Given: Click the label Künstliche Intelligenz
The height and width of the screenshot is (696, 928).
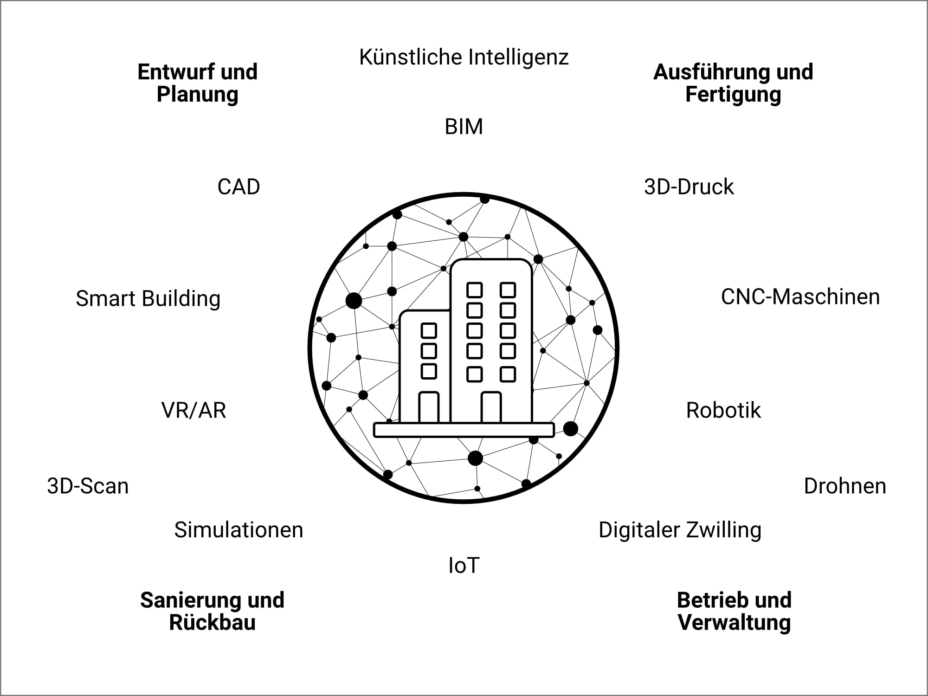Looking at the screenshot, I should click(464, 58).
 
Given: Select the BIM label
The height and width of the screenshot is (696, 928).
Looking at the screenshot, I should click(464, 127).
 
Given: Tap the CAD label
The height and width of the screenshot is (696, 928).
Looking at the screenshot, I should click(238, 187).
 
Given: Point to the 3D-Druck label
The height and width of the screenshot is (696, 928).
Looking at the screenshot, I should click(689, 187).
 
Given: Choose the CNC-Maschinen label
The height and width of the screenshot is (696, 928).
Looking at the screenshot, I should click(800, 297).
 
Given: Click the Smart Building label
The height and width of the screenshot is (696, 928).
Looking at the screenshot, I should click(148, 298).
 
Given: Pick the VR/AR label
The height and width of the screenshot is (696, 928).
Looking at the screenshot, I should click(193, 411).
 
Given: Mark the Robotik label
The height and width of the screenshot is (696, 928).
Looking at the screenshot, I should click(723, 411).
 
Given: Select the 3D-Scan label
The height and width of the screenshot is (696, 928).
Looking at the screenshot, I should click(88, 486).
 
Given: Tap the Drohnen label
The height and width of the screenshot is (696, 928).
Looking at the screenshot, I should click(844, 486).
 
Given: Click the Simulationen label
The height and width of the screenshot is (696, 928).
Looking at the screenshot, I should click(238, 530).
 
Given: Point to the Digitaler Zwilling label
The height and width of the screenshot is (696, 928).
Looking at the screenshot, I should click(680, 530).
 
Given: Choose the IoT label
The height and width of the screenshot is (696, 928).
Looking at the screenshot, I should click(464, 566).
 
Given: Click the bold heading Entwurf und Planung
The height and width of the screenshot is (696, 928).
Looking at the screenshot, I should click(198, 83).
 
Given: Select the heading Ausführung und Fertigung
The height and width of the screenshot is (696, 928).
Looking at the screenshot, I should click(733, 83).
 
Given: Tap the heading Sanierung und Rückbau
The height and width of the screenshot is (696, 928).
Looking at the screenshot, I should click(212, 611).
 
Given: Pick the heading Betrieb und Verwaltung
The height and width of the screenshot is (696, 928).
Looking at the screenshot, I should click(734, 611).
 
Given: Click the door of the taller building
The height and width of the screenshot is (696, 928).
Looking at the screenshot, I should click(491, 408).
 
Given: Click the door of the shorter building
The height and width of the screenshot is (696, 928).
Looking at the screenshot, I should click(429, 408).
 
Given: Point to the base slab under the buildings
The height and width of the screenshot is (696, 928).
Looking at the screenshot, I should click(464, 430).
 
